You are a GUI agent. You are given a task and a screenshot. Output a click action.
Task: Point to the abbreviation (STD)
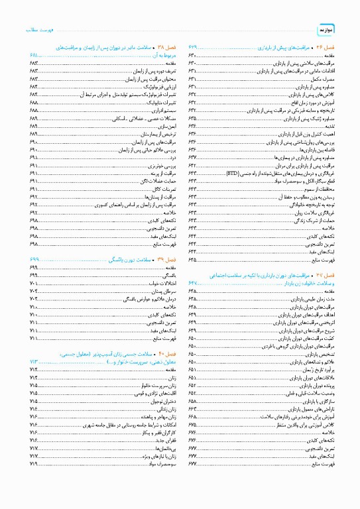click(232, 173)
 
